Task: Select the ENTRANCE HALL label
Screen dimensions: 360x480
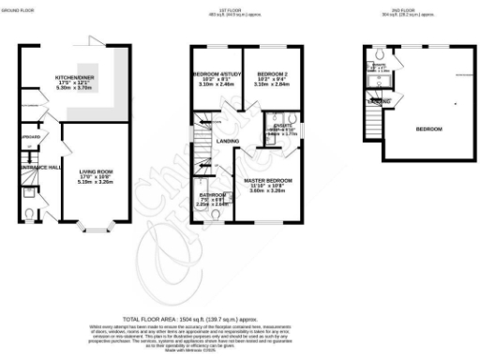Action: (x=36, y=166)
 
